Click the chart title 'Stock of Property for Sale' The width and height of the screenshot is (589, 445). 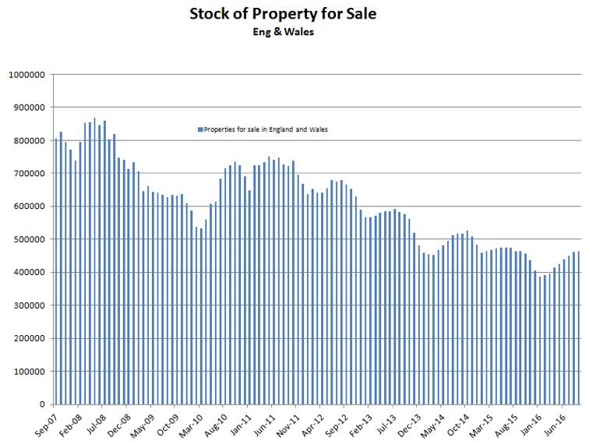pos(293,13)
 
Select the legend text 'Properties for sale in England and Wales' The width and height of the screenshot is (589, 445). pos(266,129)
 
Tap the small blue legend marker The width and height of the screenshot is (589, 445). pos(200,129)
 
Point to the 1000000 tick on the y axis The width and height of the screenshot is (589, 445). pos(26,75)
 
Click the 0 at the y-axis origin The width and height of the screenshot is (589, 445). pos(43,404)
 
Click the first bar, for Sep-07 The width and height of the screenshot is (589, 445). pos(55,273)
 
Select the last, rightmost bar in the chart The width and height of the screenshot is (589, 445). pos(579,327)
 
